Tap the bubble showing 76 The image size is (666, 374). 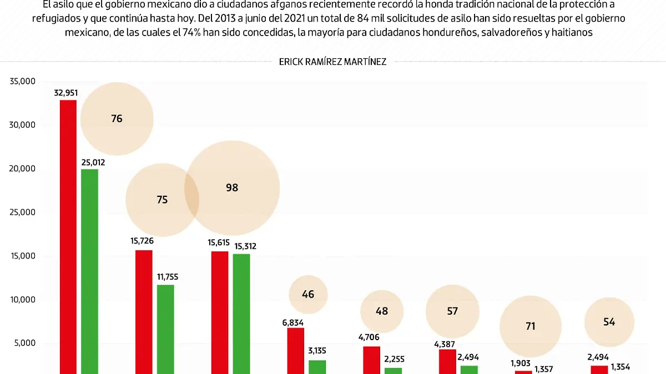[117, 118]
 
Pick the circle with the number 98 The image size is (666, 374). [232, 188]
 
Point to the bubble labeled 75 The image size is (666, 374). [162, 200]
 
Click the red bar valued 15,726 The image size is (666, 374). [144, 311]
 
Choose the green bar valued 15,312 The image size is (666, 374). [241, 313]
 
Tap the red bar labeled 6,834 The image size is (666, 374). [296, 350]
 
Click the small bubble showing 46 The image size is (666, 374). [308, 294]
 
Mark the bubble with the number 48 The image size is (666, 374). [382, 311]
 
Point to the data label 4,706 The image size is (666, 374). [371, 338]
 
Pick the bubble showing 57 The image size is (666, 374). [452, 311]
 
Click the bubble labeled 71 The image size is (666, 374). [531, 326]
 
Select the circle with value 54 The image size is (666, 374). [609, 322]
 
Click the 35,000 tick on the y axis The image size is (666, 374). [23, 82]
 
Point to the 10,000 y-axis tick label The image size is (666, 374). [23, 300]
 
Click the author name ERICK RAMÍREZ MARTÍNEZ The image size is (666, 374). [332, 62]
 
